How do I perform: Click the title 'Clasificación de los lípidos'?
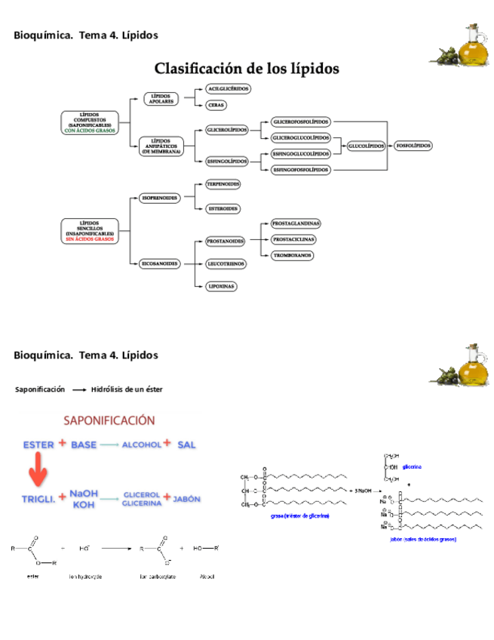pos(247,69)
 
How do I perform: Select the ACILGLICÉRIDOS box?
pos(228,88)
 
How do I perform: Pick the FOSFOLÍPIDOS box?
pos(413,145)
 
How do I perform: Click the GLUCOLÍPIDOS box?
pos(367,145)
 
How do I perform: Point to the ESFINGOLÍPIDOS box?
pos(228,161)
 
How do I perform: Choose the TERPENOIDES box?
pos(222,183)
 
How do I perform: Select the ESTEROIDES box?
pos(222,208)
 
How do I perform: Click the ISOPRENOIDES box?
pos(160,198)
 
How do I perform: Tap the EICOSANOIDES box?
pos(160,263)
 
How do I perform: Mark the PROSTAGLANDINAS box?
pos(296,223)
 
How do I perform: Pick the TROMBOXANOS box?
pos(293,255)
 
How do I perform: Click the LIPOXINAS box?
pos(222,286)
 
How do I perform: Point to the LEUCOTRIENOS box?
pos(223,263)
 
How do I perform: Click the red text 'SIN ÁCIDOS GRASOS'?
pos(90,239)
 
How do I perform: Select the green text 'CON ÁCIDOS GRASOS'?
pos(90,130)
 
